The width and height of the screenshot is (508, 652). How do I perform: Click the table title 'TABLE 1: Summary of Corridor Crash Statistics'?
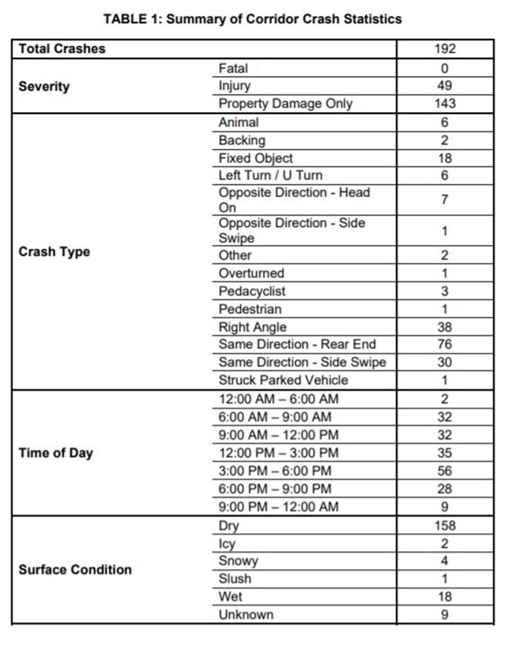(252, 19)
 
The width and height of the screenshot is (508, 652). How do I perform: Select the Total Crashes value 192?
(445, 49)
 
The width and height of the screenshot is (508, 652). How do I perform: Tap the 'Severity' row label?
(44, 86)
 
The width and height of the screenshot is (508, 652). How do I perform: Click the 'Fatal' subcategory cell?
(233, 68)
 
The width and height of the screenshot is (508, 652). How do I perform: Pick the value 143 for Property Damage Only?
(445, 103)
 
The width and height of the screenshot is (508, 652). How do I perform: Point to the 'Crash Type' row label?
(54, 252)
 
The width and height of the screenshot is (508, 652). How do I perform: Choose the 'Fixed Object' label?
(256, 158)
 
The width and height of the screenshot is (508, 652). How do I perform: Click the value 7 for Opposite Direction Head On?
(445, 199)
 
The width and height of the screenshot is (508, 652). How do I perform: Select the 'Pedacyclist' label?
(252, 291)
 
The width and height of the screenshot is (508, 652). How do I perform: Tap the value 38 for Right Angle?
(445, 327)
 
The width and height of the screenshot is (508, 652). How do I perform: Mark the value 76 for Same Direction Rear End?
(445, 344)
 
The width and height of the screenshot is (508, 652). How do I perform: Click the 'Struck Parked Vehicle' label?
(283, 380)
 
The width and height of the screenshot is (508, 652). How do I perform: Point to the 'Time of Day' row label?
(56, 454)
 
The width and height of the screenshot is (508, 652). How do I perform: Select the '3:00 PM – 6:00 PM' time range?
(275, 471)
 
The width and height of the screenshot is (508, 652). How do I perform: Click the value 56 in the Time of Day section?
(445, 471)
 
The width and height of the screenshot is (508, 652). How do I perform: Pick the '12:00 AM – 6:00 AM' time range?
(278, 399)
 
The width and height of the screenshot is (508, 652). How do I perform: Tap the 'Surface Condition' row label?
(75, 570)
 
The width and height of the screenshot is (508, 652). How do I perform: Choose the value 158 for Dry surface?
(445, 526)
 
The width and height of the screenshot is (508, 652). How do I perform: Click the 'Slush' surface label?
(235, 579)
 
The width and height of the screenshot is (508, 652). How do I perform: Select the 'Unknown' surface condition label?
(246, 614)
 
